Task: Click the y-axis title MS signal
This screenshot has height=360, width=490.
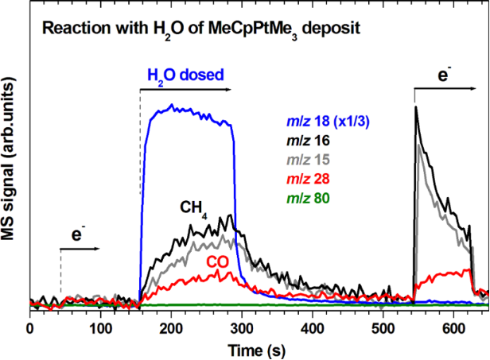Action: pos(11,166)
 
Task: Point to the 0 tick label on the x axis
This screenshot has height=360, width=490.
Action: pos(29,326)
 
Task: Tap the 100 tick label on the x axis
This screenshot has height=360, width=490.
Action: pos(100,326)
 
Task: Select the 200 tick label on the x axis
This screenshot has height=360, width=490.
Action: pos(171,326)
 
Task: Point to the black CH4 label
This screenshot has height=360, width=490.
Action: pos(192,208)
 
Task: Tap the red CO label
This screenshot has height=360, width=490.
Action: pos(219,261)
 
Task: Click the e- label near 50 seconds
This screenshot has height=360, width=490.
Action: pos(79,235)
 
